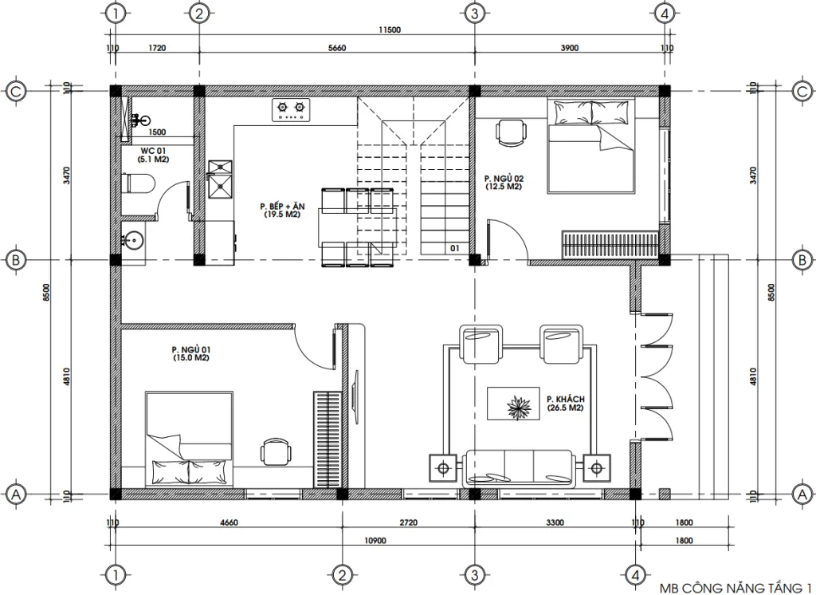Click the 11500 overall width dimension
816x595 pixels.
coord(390,30)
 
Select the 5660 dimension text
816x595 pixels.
coord(336,49)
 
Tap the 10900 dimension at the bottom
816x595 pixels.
coord(375,540)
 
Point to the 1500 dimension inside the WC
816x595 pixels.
coord(157,132)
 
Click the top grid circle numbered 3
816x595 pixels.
coord(473,14)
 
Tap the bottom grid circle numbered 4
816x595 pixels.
coord(635,574)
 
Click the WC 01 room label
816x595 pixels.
coord(154,151)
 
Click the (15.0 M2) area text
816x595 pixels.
coord(190,358)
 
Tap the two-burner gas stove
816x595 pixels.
coord(292,110)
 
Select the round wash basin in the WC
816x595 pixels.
coord(132,238)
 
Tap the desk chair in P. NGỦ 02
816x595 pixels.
coord(511,132)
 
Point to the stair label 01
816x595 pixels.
coord(454,248)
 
